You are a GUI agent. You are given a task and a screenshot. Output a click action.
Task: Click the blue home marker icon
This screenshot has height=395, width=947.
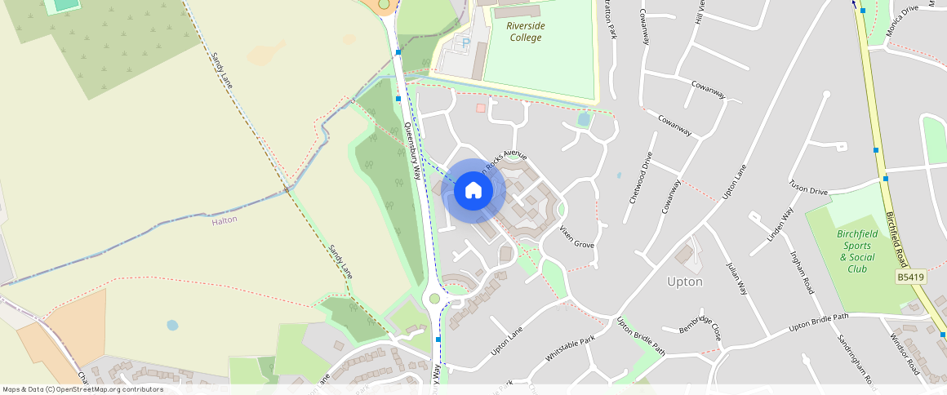473,191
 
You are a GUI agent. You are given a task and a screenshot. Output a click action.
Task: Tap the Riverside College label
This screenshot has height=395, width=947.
525,32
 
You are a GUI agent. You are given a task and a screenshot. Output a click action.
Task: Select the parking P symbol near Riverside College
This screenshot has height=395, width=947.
466,42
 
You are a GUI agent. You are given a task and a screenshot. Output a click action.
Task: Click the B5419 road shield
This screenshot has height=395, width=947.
910,277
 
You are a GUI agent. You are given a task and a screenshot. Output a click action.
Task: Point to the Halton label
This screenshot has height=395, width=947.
224,220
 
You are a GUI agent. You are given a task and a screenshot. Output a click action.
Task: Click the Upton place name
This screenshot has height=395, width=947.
684,282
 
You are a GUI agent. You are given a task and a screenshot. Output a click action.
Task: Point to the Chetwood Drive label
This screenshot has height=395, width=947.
638,187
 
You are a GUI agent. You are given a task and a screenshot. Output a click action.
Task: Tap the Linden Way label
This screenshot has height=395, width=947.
780,225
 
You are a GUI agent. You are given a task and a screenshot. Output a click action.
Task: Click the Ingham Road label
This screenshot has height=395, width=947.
802,273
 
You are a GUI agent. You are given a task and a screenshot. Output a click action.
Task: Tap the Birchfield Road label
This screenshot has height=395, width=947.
896,238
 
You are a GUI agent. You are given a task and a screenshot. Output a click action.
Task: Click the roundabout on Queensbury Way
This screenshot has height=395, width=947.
434,298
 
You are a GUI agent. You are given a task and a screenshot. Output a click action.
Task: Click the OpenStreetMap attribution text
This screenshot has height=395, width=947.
82,389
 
